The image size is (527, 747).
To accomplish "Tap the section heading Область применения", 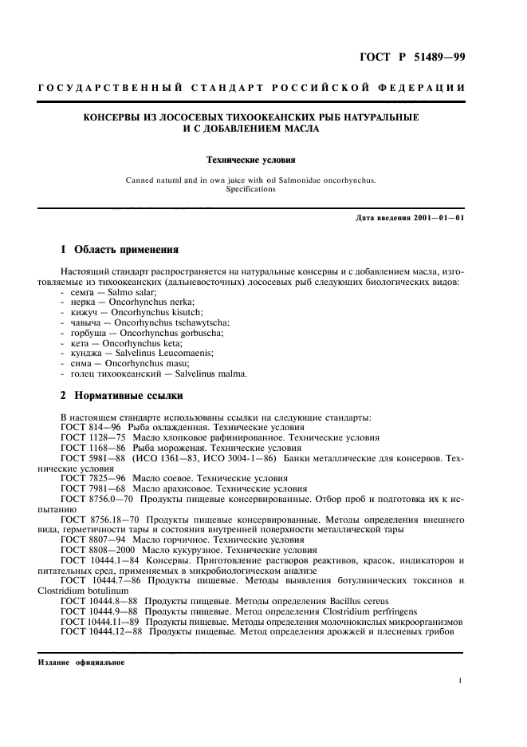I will (126, 251).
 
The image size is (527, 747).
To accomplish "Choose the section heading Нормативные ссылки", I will (128, 395).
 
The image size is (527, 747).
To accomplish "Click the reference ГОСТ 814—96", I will (87, 427).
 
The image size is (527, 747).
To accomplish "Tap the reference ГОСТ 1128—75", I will (89, 437).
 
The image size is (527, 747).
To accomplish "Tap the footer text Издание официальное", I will (81, 662).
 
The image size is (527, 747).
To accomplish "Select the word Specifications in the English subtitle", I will (251, 189).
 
